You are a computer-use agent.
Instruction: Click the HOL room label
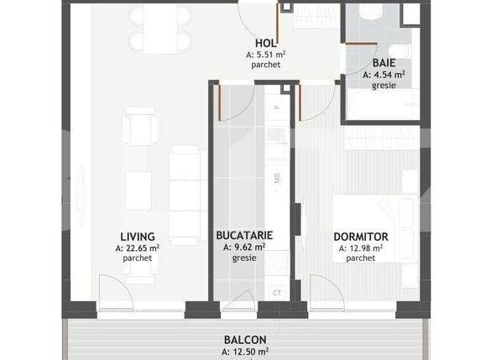[x=267, y=43]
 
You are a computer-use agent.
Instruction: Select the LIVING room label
[x=137, y=237]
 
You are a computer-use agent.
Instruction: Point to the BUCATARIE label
[x=244, y=237]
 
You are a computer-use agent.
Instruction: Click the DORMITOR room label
[x=360, y=237]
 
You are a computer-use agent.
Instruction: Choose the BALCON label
[x=245, y=340]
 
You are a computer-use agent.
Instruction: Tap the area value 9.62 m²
[x=244, y=248]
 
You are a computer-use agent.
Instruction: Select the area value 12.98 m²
[x=360, y=248]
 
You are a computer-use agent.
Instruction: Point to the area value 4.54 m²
[x=384, y=75]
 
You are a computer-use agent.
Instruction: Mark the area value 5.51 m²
[x=267, y=55]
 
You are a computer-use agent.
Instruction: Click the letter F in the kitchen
[x=277, y=108]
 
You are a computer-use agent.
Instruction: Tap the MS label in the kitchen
[x=277, y=177]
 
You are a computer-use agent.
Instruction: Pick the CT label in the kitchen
[x=277, y=292]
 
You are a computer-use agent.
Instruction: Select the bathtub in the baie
[x=381, y=106]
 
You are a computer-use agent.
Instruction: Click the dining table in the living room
[x=159, y=28]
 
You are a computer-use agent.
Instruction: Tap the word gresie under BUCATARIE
[x=244, y=258]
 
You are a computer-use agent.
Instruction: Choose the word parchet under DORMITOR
[x=360, y=258]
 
